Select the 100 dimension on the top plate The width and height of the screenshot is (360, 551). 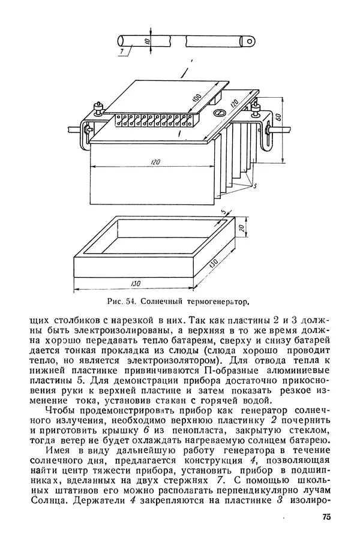point(196,97)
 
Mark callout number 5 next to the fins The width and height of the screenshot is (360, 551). point(255,187)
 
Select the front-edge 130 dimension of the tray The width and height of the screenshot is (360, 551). point(137,284)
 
